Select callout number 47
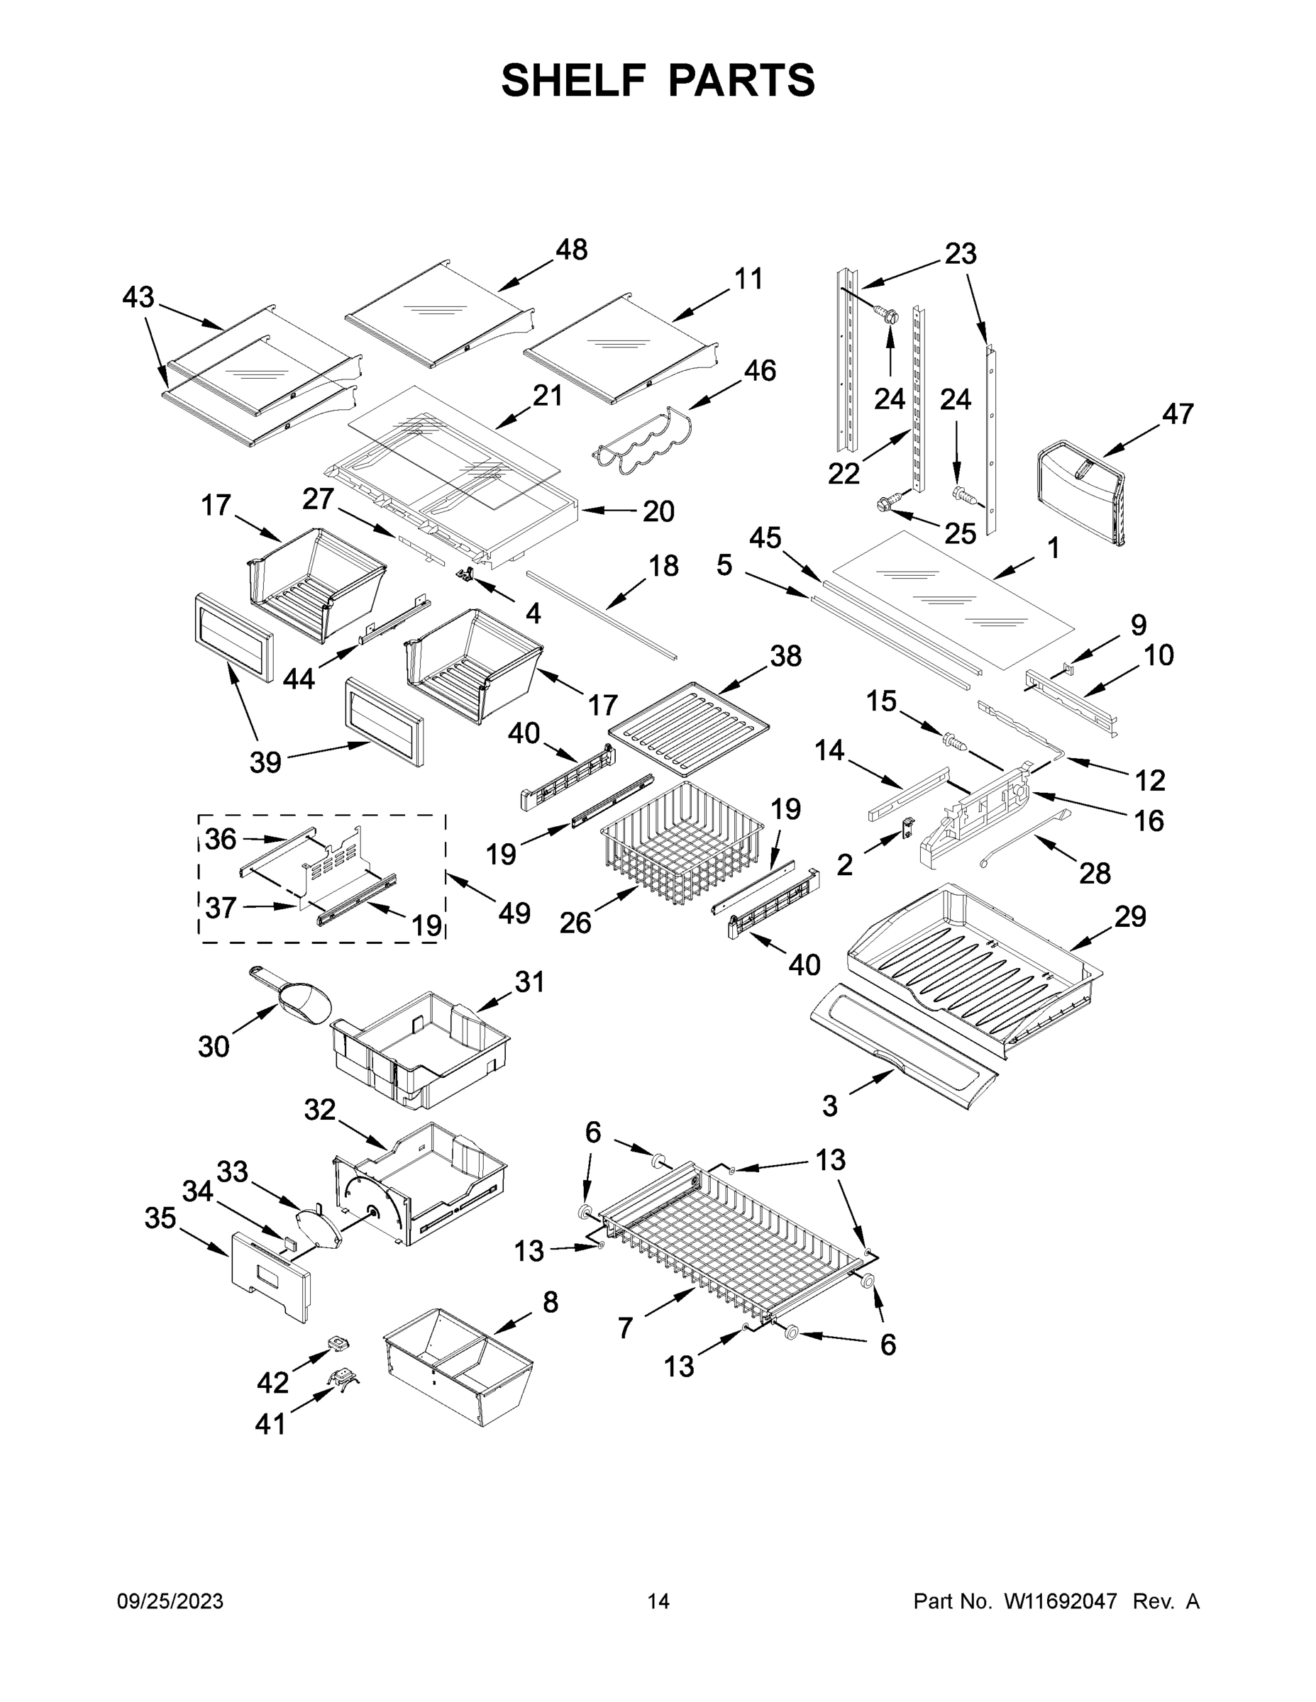pyautogui.click(x=1177, y=414)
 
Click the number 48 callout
pyautogui.click(x=572, y=250)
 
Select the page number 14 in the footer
pyautogui.click(x=658, y=1601)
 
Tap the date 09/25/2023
pyautogui.click(x=170, y=1601)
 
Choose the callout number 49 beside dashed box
pyautogui.click(x=514, y=913)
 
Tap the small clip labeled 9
pyautogui.click(x=1068, y=667)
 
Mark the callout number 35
pyautogui.click(x=160, y=1218)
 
